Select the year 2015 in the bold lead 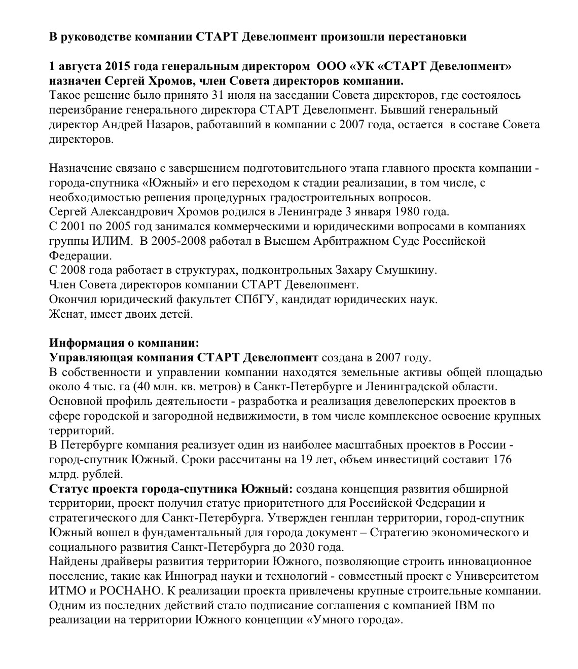(x=119, y=66)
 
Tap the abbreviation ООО (x=332, y=66)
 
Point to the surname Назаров (x=174, y=125)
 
